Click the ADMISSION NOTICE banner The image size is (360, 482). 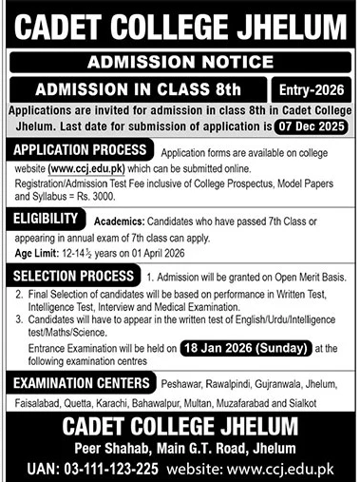(x=180, y=63)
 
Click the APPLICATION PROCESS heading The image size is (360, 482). (x=79, y=151)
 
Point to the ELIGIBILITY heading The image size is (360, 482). (x=47, y=219)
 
